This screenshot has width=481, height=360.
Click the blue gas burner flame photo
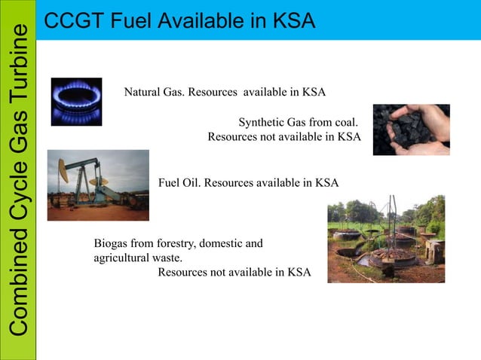(x=76, y=102)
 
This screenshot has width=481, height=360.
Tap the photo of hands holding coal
(x=411, y=129)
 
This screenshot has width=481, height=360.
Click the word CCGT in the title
(x=70, y=20)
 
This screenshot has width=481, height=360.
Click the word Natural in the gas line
(x=142, y=93)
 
